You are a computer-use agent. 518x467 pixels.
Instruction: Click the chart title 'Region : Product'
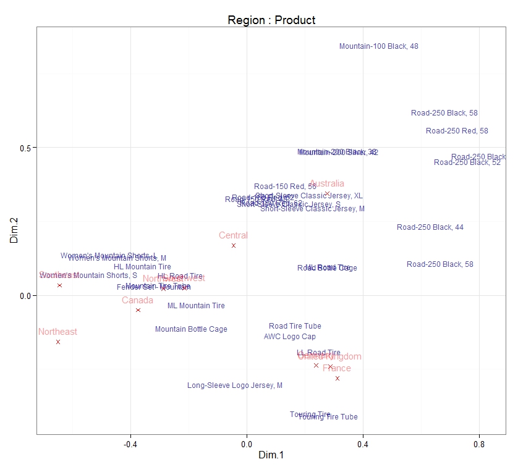[x=271, y=20]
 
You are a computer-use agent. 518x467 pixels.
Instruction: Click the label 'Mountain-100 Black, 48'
[x=379, y=46]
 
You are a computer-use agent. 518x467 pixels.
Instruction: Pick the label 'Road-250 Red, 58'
[x=457, y=131]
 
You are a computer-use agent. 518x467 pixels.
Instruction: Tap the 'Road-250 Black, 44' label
[x=430, y=227]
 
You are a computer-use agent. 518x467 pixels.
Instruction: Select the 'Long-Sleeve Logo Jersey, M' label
[x=235, y=385]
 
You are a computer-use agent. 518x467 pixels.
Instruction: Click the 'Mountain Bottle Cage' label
[x=191, y=329]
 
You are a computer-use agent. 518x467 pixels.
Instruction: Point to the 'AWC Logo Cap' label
[x=290, y=337]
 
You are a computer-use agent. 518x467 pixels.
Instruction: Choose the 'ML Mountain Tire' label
[x=196, y=306]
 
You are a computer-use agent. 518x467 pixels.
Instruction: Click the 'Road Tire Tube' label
[x=295, y=326]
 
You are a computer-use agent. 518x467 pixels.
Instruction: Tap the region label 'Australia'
[x=327, y=184]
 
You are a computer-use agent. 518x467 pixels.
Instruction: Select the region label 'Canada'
[x=137, y=301]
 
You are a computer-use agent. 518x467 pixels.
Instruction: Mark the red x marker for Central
[x=234, y=246]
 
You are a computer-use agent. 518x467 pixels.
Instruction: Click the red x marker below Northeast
[x=58, y=342]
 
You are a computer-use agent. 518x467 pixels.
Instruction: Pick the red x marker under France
[x=338, y=378]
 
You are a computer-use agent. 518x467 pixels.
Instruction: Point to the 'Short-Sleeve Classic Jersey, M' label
[x=312, y=209]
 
